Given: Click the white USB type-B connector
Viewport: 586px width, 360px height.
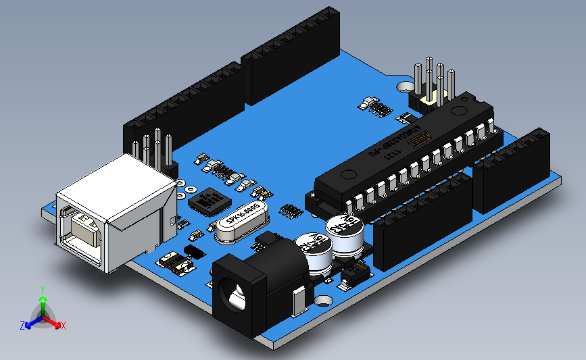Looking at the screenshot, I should point(112,209).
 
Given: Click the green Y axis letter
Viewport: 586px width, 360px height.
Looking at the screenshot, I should point(43,289).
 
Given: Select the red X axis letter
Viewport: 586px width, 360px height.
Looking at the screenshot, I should point(63,326).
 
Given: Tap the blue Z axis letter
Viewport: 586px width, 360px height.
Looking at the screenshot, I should point(22,326).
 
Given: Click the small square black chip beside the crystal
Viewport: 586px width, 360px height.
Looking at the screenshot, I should point(209,201).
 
